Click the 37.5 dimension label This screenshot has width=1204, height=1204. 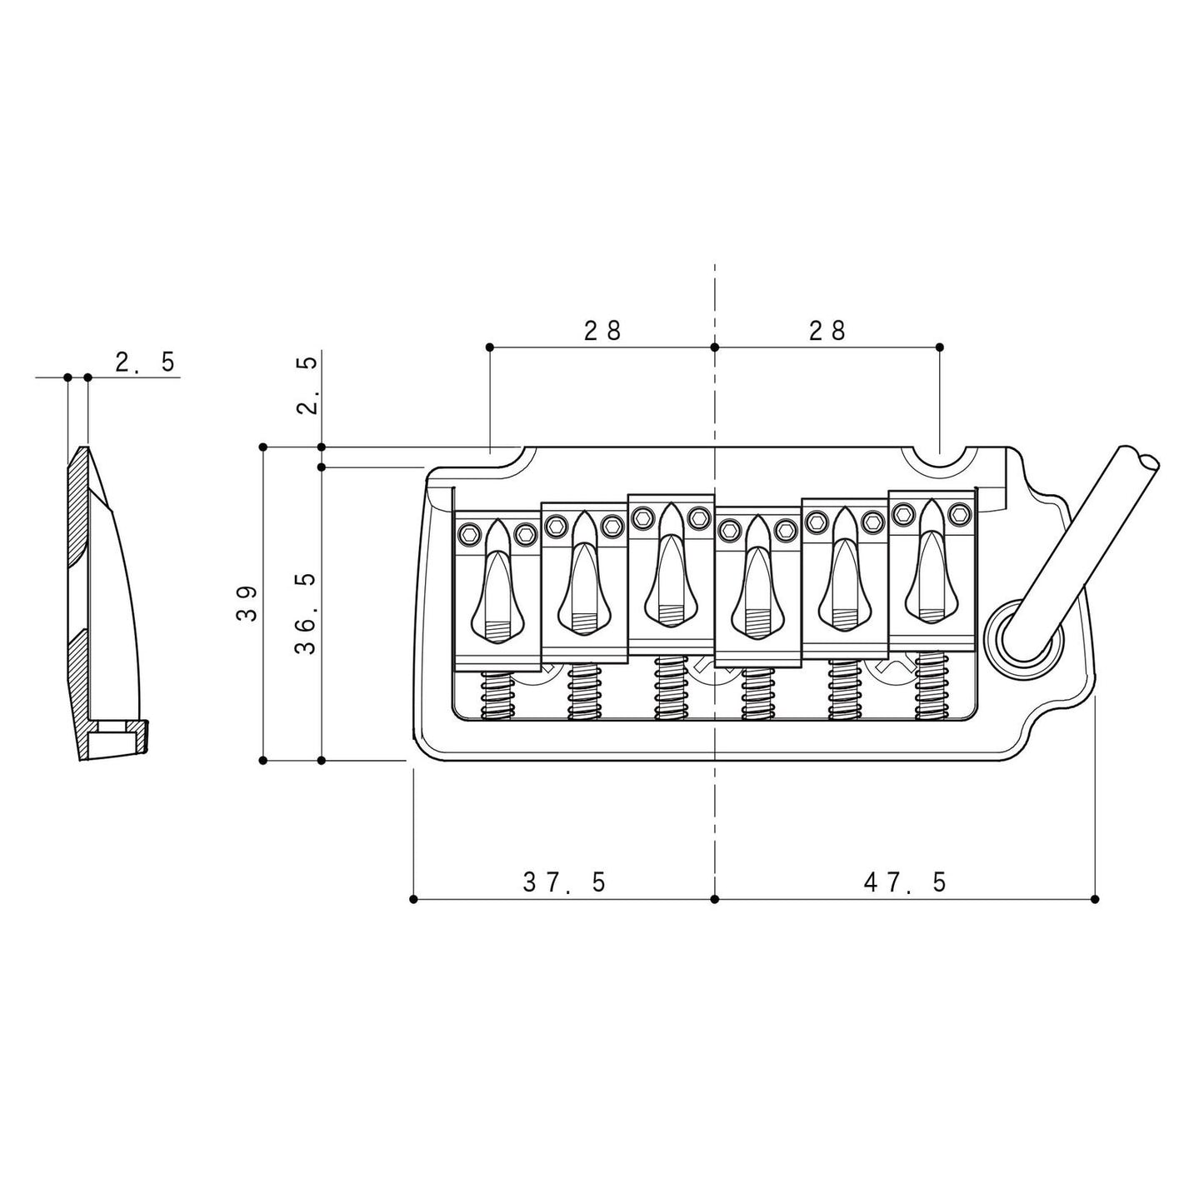pyautogui.click(x=563, y=882)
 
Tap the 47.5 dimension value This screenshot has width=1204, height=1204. pyautogui.click(x=905, y=882)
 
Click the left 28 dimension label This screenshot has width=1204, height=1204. pyautogui.click(x=603, y=330)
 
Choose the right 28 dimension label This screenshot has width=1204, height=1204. pyautogui.click(x=827, y=330)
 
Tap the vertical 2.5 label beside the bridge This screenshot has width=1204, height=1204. pyautogui.click(x=307, y=386)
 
